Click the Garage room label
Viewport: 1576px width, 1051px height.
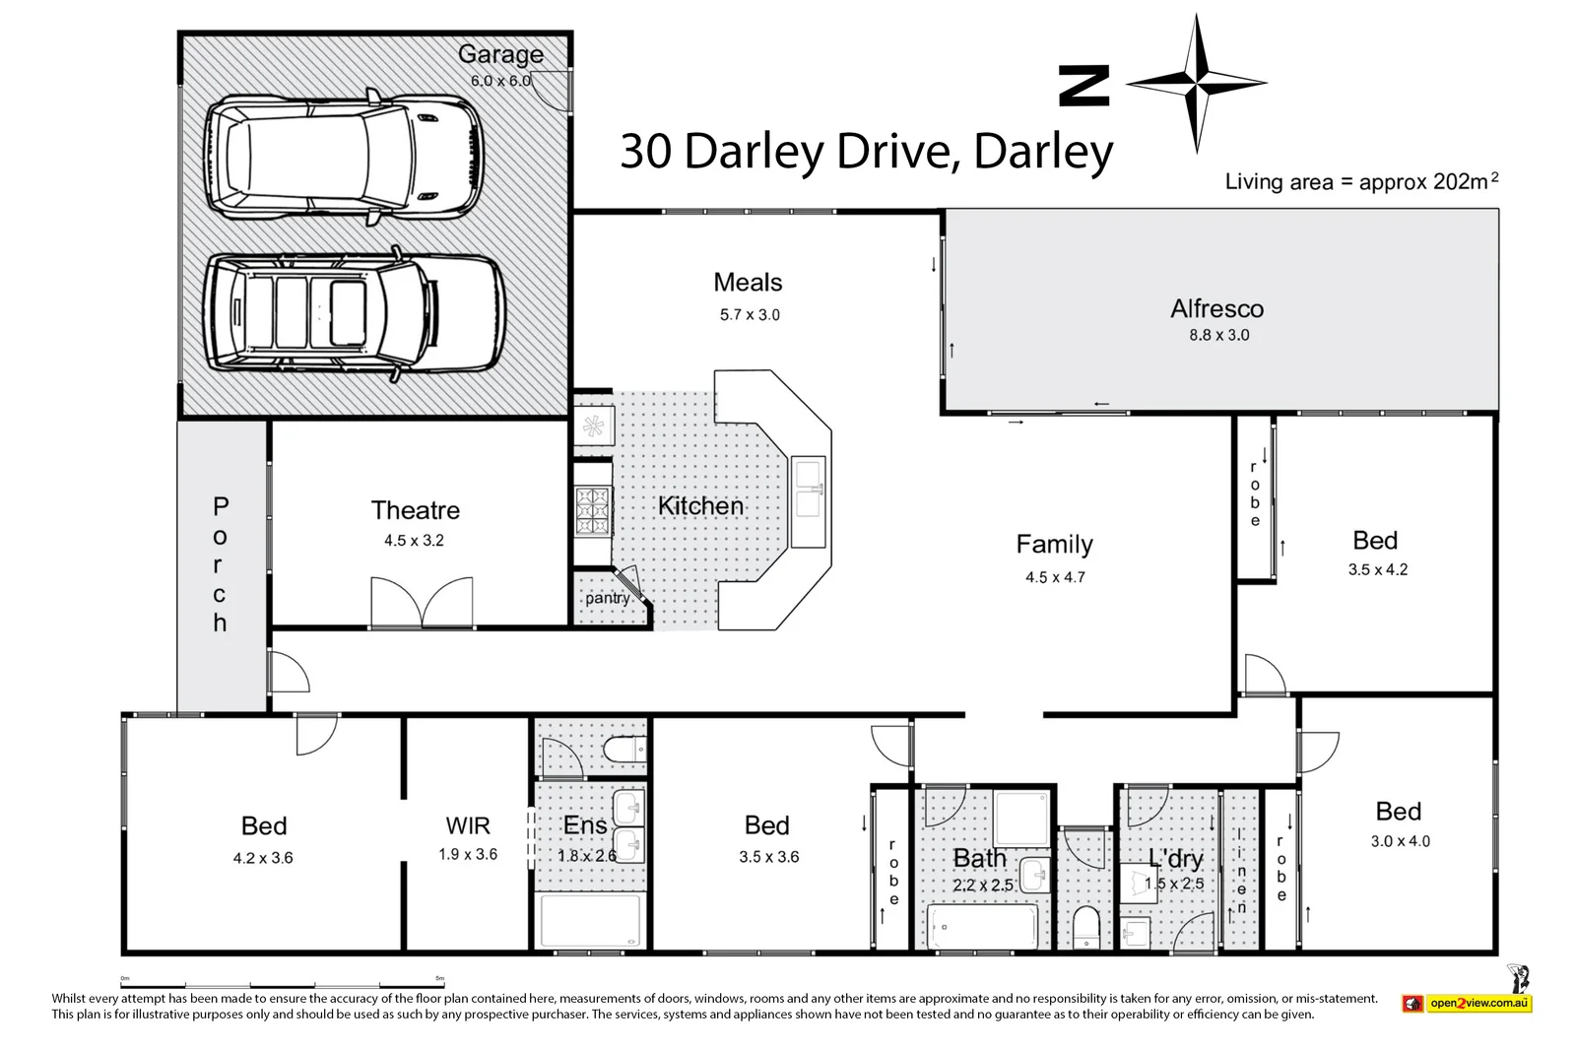click(x=500, y=54)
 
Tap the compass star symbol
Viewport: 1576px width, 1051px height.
click(x=1196, y=84)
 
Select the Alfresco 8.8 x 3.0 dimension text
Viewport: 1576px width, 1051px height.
click(x=1218, y=335)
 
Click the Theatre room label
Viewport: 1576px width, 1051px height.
click(x=415, y=510)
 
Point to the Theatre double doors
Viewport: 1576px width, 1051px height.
click(x=422, y=602)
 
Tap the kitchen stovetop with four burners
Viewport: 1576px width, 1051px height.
click(x=594, y=510)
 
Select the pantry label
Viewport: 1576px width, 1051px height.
click(x=607, y=598)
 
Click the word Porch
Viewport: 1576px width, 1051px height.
click(x=220, y=564)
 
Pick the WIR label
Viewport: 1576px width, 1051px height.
click(x=468, y=825)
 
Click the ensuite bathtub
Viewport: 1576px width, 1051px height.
click(x=591, y=920)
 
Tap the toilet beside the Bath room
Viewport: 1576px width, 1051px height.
click(x=1085, y=926)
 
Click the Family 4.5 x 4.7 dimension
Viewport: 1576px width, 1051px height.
click(x=1055, y=577)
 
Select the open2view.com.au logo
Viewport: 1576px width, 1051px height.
click(x=1467, y=1003)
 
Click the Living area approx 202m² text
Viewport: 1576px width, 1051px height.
click(x=1361, y=181)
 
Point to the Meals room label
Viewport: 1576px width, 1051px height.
click(x=748, y=283)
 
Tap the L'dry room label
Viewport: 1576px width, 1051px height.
click(x=1175, y=859)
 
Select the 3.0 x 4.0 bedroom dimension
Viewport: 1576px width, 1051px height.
click(x=1400, y=841)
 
